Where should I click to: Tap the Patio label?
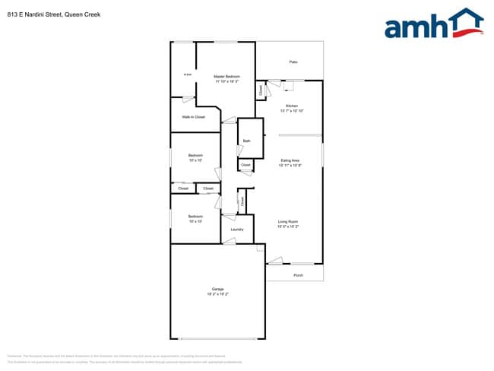point(293,62)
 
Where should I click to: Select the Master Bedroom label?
point(226,76)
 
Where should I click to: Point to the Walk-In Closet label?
point(193,117)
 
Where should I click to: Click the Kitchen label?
point(291,106)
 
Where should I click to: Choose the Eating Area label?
point(290,160)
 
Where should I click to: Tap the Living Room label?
point(287,221)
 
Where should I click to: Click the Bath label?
point(246,141)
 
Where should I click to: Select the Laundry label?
point(236,229)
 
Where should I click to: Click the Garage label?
point(217,289)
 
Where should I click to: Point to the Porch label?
point(298,275)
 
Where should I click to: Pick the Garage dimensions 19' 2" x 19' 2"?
point(217,294)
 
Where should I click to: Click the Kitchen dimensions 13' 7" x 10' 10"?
point(291,111)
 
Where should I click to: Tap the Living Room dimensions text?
point(287,227)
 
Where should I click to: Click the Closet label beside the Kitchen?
point(261,90)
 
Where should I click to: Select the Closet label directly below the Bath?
point(245,164)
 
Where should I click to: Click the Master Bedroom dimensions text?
point(226,81)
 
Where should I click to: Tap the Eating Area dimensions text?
point(290,166)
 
